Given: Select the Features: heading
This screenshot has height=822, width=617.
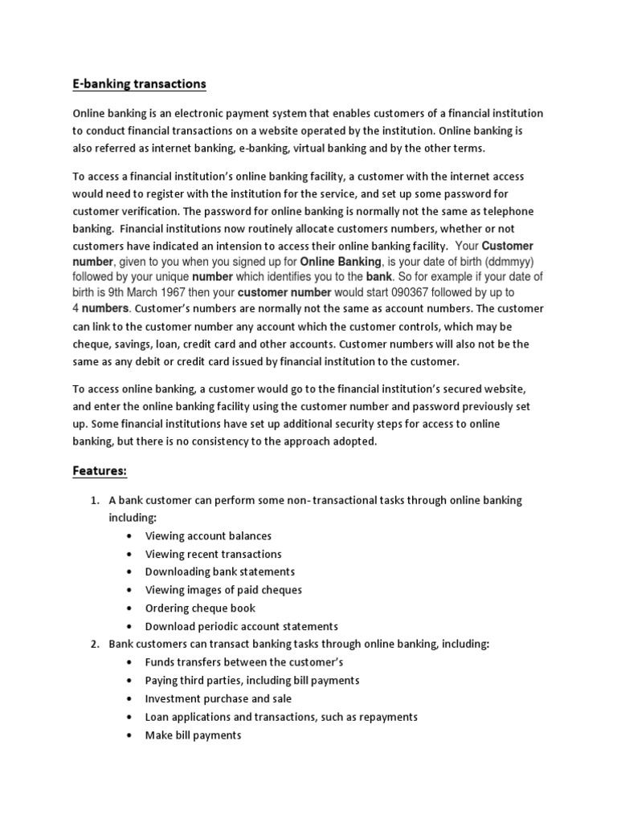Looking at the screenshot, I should coord(100,470).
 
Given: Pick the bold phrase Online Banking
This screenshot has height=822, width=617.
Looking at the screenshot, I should coord(341,262).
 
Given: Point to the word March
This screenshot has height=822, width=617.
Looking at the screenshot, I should coord(159,293).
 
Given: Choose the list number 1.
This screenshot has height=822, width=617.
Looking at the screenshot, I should coord(94,500).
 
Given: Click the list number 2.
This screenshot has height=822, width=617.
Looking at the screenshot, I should coord(94,644).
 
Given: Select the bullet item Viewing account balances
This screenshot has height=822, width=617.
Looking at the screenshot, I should coord(208,535).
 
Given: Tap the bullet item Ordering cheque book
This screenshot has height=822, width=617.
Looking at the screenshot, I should coord(200,608).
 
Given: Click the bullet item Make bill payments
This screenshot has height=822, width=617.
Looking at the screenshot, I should coord(193,735).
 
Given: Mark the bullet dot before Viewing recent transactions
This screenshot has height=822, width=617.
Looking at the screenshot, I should coord(130,554).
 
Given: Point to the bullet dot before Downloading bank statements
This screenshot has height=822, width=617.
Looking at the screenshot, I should coord(130,572).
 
